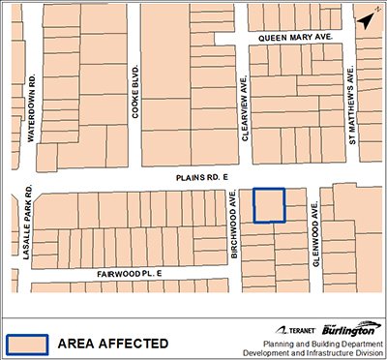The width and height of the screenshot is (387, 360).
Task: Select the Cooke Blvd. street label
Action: (x=135, y=93)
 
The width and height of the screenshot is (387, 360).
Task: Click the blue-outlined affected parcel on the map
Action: (x=269, y=205)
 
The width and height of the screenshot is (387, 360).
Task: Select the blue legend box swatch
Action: (x=28, y=343)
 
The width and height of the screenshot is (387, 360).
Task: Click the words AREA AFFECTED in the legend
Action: (x=112, y=343)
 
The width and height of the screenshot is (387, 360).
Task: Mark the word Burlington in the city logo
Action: (x=352, y=329)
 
